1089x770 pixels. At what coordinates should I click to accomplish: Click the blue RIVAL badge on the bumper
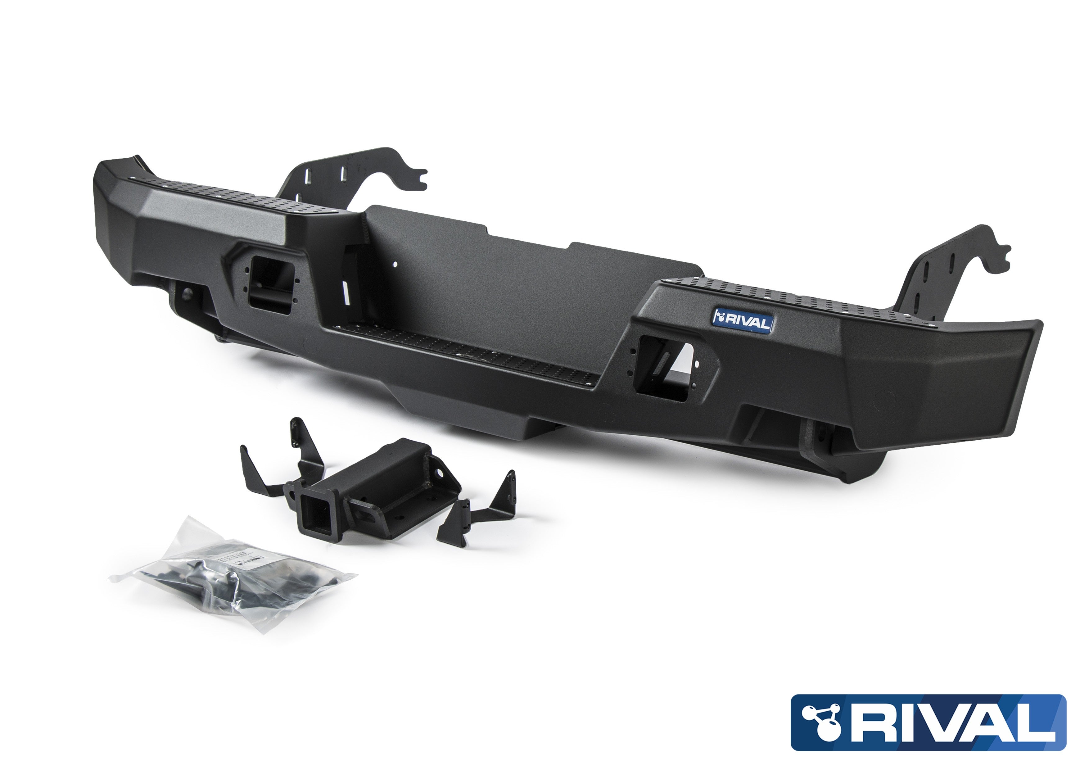743,322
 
